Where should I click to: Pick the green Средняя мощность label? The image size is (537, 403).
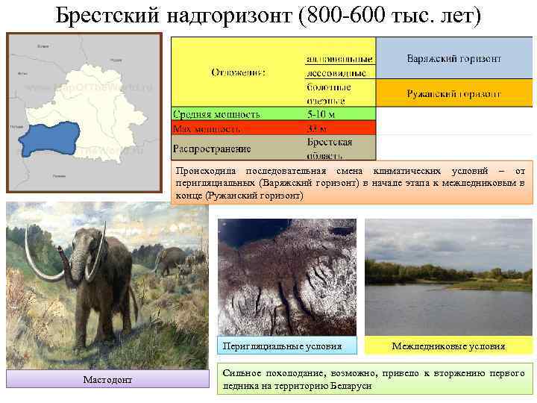point(216,114)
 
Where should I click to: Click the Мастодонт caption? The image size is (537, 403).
point(107,380)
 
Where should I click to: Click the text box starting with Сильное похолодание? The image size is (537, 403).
point(374,379)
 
